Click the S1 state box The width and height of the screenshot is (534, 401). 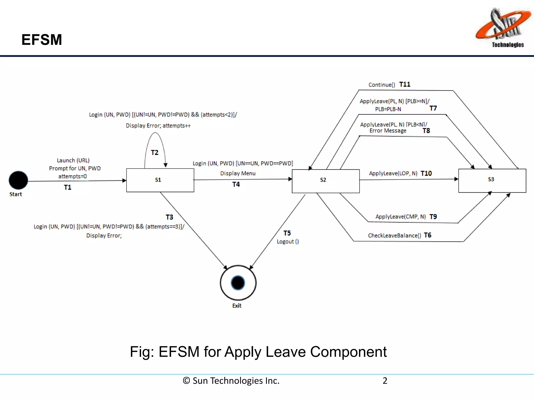click(x=160, y=180)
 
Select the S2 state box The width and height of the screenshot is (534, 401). click(x=325, y=181)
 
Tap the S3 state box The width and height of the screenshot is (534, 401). click(x=492, y=180)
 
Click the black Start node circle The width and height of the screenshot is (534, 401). click(x=18, y=180)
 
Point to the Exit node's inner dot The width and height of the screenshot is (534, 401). click(x=238, y=283)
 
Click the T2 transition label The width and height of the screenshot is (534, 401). click(x=155, y=152)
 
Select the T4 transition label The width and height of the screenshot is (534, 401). click(x=236, y=185)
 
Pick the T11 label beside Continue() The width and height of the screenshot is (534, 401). click(x=405, y=84)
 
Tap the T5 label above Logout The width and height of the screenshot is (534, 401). click(x=287, y=233)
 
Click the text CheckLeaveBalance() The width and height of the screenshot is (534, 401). click(x=394, y=235)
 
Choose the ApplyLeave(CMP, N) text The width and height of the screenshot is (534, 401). click(x=400, y=217)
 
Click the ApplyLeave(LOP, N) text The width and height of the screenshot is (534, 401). click(x=393, y=174)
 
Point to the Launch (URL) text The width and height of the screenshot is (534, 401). click(x=73, y=160)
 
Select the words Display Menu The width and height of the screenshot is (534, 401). click(x=238, y=173)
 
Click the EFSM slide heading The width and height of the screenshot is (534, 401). click(x=42, y=40)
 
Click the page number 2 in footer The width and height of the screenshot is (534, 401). click(x=385, y=381)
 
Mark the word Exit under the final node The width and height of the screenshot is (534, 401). click(x=237, y=306)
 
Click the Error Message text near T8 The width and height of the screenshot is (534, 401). click(x=388, y=131)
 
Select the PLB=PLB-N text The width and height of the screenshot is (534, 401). click(x=388, y=109)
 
